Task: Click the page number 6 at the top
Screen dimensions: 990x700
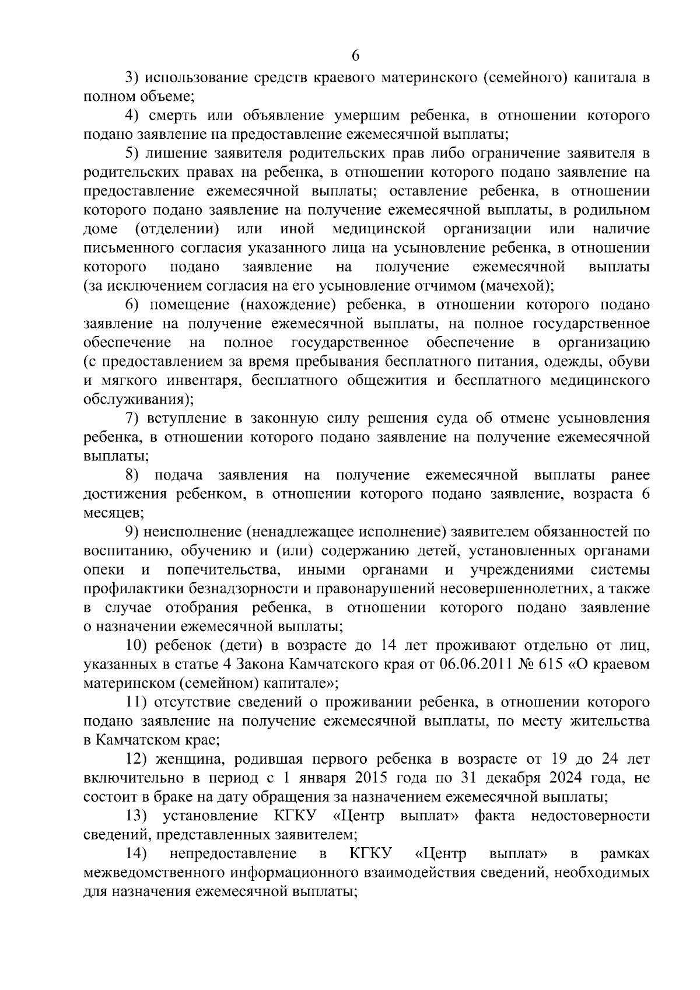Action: pos(355,56)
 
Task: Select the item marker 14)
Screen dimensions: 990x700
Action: pos(136,854)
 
